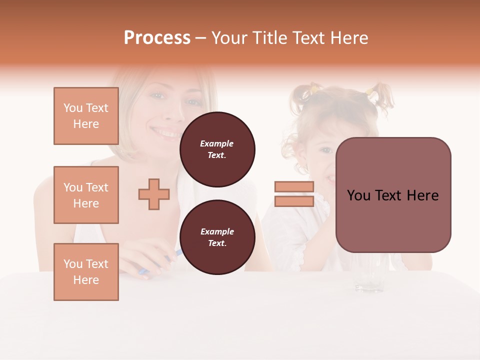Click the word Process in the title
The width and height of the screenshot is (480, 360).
[x=157, y=38]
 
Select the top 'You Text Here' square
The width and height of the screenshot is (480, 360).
[x=86, y=116]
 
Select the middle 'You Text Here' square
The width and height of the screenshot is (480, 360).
[x=86, y=195]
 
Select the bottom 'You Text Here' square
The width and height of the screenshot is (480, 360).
[x=86, y=272]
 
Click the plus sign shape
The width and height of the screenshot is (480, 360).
[x=154, y=194]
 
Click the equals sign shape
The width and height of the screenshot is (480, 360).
[x=294, y=194]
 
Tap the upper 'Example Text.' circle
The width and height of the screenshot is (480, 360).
[x=217, y=149]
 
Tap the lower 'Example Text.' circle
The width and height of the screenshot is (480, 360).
[x=217, y=237]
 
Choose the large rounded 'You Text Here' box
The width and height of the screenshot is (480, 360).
[x=393, y=195]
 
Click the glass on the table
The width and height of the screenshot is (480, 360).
[x=369, y=275]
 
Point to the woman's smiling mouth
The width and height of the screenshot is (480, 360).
[x=166, y=133]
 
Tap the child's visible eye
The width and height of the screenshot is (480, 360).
[x=326, y=150]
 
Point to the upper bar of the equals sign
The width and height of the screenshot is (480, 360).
[x=294, y=187]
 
